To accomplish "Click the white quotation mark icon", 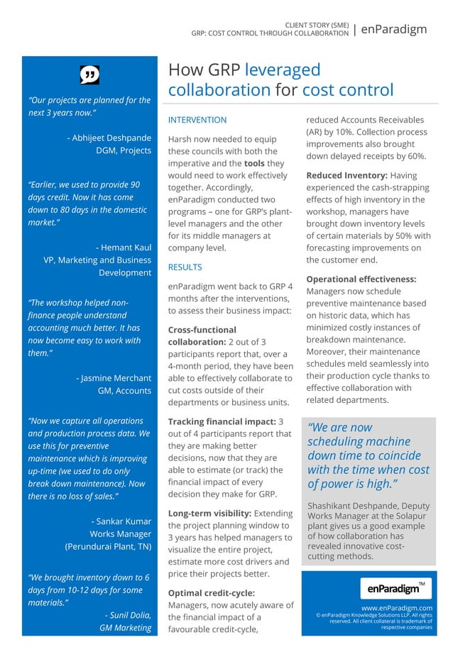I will pyautogui.click(x=89, y=74).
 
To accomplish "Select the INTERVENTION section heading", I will pyautogui.click(x=197, y=120).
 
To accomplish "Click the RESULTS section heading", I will pyautogui.click(x=185, y=267).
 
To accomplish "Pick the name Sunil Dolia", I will pyautogui.click(x=127, y=614).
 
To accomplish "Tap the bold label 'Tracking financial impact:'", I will pyautogui.click(x=221, y=421).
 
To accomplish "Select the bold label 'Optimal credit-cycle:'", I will pyautogui.click(x=211, y=592).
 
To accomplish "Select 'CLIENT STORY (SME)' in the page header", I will pyautogui.click(x=317, y=25).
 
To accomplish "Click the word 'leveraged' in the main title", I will pyautogui.click(x=282, y=70).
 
